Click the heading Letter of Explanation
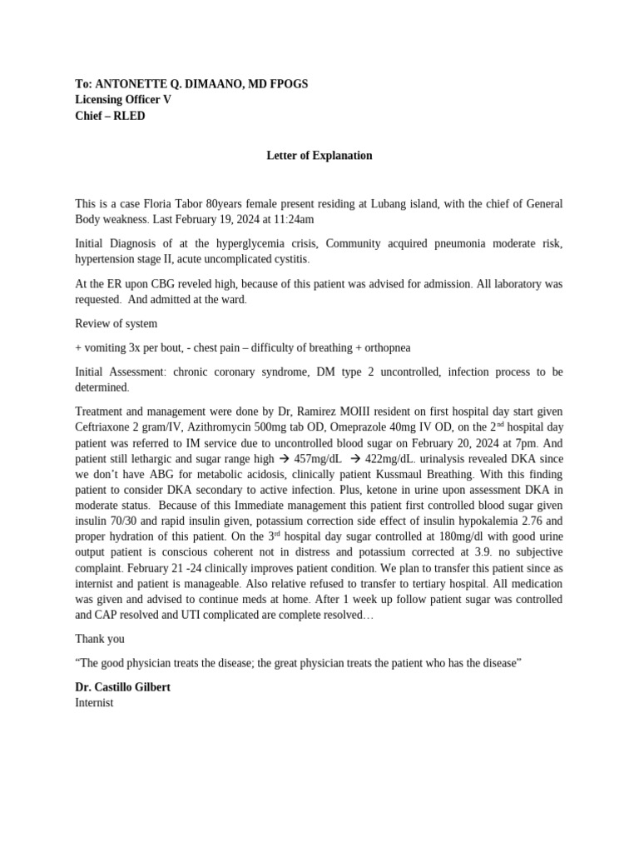[319, 156]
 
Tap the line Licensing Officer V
[123, 100]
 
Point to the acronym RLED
[129, 116]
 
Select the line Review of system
[116, 323]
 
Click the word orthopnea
[383, 347]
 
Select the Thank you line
[100, 639]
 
